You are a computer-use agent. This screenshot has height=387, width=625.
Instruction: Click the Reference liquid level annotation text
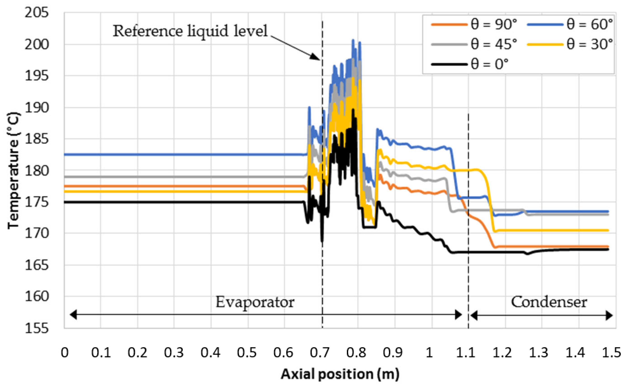coord(190,31)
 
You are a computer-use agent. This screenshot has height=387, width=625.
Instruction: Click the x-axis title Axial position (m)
coord(340,374)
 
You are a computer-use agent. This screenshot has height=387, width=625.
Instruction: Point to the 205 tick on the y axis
coord(37,13)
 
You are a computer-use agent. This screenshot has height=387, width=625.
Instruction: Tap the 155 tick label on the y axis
coord(37,328)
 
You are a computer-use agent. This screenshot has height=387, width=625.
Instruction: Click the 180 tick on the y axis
coord(37,171)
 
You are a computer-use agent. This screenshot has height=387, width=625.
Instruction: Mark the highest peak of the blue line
coord(353,40)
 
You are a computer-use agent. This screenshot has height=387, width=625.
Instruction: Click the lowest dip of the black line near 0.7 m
coord(322,241)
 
